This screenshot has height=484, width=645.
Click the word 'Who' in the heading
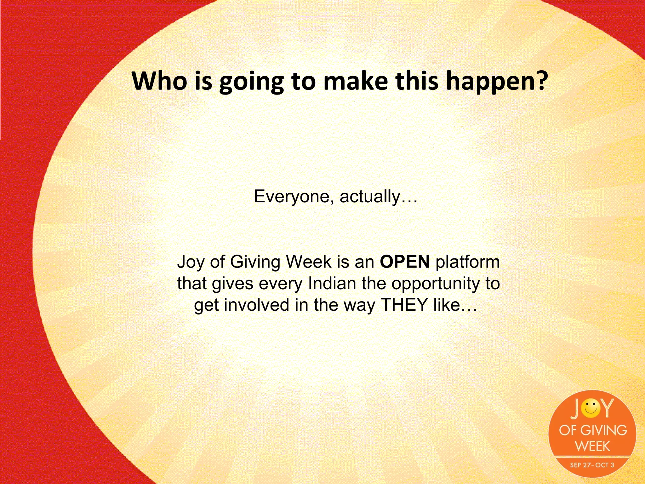pyautogui.click(x=159, y=81)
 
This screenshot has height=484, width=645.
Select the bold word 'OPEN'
pyautogui.click(x=404, y=262)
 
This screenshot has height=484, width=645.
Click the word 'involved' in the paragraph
pyautogui.click(x=256, y=305)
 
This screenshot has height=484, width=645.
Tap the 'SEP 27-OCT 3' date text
pyautogui.click(x=592, y=465)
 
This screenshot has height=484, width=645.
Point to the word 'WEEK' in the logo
pyautogui.click(x=592, y=446)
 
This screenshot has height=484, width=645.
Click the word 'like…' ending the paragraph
pyautogui.click(x=455, y=305)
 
